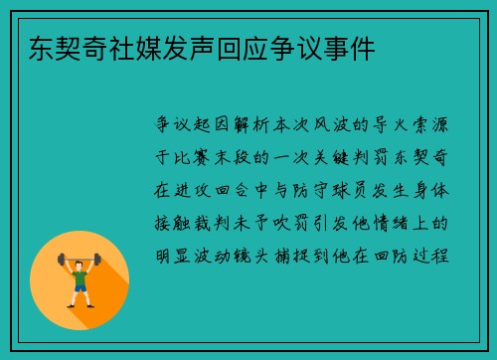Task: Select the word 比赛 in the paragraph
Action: coord(189,158)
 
